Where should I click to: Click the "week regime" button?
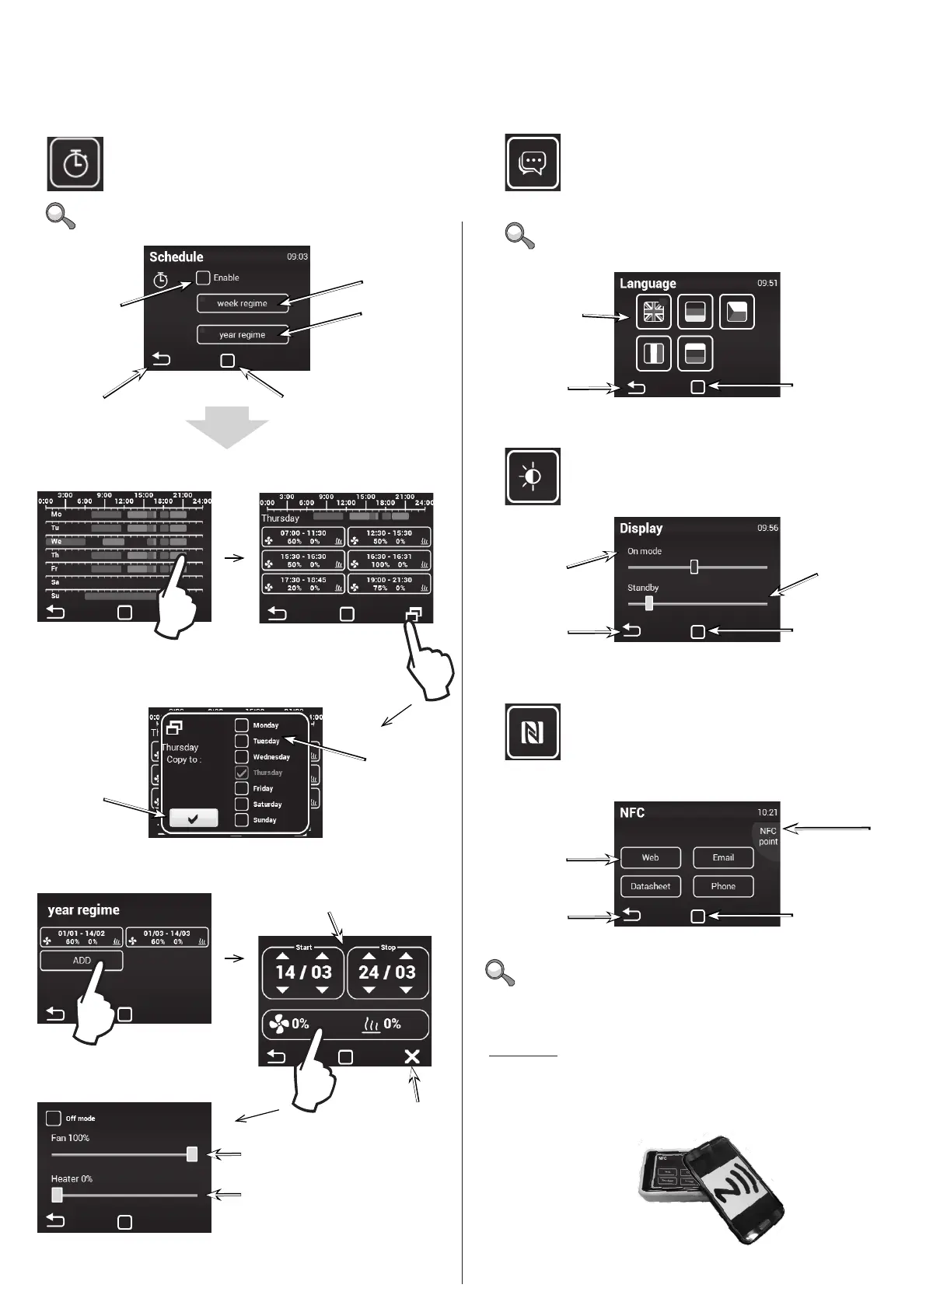pos(242,303)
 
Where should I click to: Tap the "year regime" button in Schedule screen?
pos(242,334)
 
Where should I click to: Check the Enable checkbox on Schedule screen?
pos(204,278)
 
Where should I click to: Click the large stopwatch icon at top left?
pos(75,164)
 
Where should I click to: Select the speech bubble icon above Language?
pos(533,162)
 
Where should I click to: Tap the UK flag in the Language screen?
pos(654,312)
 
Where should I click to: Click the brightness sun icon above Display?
pos(533,476)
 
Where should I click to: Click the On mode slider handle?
pos(694,567)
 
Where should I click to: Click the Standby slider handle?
pos(648,603)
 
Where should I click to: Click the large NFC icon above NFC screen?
pos(533,732)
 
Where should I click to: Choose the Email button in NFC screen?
pos(723,857)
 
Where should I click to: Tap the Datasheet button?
pos(651,886)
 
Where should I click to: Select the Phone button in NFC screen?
pos(723,886)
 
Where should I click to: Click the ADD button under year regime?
pos(82,961)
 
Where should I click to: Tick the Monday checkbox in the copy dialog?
pos(242,725)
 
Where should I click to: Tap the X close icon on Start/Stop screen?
pos(412,1056)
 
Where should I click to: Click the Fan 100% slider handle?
pos(192,1154)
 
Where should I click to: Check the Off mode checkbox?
pos(54,1119)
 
